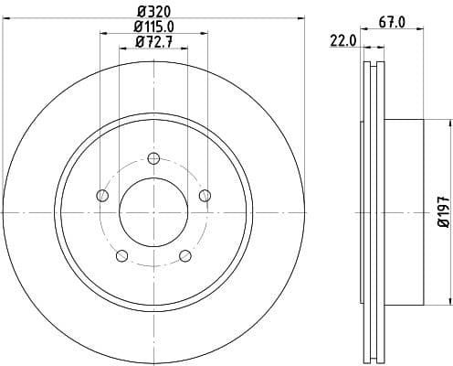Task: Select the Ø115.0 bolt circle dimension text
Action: click(153, 27)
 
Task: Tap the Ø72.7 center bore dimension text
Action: click(153, 42)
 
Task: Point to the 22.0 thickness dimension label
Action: click(342, 41)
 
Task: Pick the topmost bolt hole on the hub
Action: click(153, 156)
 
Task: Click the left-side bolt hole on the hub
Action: click(102, 195)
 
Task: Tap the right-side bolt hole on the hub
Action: click(205, 194)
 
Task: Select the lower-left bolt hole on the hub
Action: click(121, 254)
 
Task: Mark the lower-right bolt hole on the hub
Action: click(185, 254)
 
